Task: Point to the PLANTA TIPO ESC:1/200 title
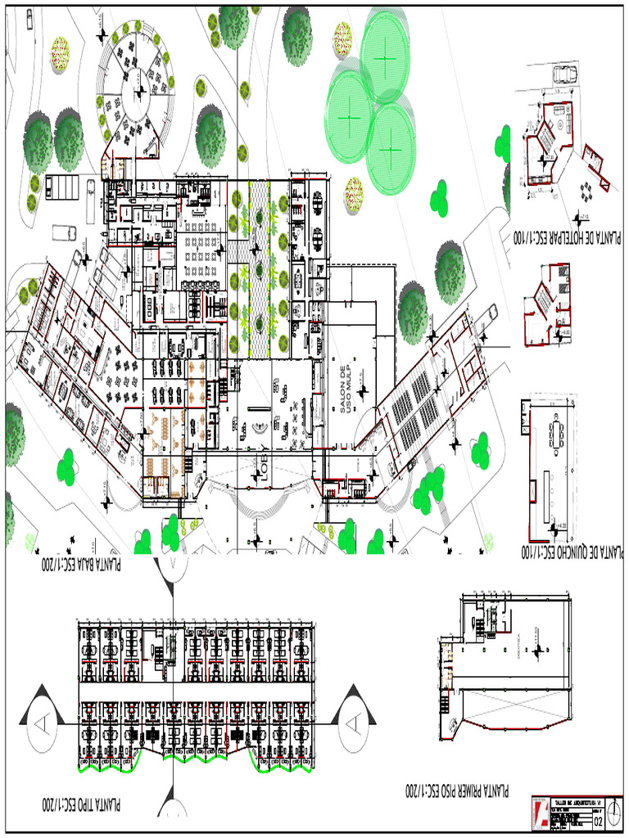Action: [81, 805]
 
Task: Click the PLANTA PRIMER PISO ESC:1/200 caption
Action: [456, 791]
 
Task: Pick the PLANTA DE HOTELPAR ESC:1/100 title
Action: [567, 237]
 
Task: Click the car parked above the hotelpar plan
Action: [564, 74]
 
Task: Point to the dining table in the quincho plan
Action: [559, 433]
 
